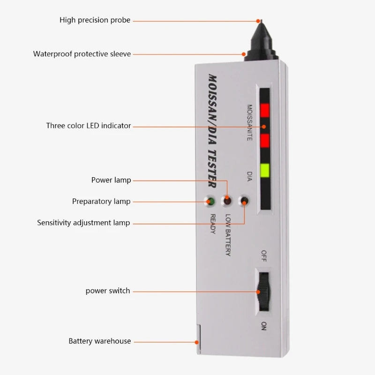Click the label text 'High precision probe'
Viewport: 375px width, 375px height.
95,20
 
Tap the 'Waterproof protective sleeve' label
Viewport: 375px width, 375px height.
82,54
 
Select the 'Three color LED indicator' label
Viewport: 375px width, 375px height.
89,126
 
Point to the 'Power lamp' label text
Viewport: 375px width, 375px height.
111,180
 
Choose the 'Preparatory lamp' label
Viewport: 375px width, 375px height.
101,202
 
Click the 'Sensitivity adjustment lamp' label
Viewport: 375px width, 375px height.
83,223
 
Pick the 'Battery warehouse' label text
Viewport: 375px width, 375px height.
100,341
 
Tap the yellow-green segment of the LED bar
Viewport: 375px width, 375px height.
265,170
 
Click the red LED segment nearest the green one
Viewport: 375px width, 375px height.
265,140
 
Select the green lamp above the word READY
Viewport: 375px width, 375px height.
210,202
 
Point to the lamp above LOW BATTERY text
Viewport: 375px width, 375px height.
227,201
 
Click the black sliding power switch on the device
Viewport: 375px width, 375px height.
264,292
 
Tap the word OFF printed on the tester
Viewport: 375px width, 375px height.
263,256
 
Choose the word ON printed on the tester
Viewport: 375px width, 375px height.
263,326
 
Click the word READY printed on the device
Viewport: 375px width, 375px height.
213,224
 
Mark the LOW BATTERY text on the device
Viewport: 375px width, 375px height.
228,235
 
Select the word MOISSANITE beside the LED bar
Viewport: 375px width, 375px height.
249,123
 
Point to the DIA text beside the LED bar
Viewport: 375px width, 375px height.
249,176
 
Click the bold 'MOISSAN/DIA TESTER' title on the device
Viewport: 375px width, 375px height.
212,131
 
